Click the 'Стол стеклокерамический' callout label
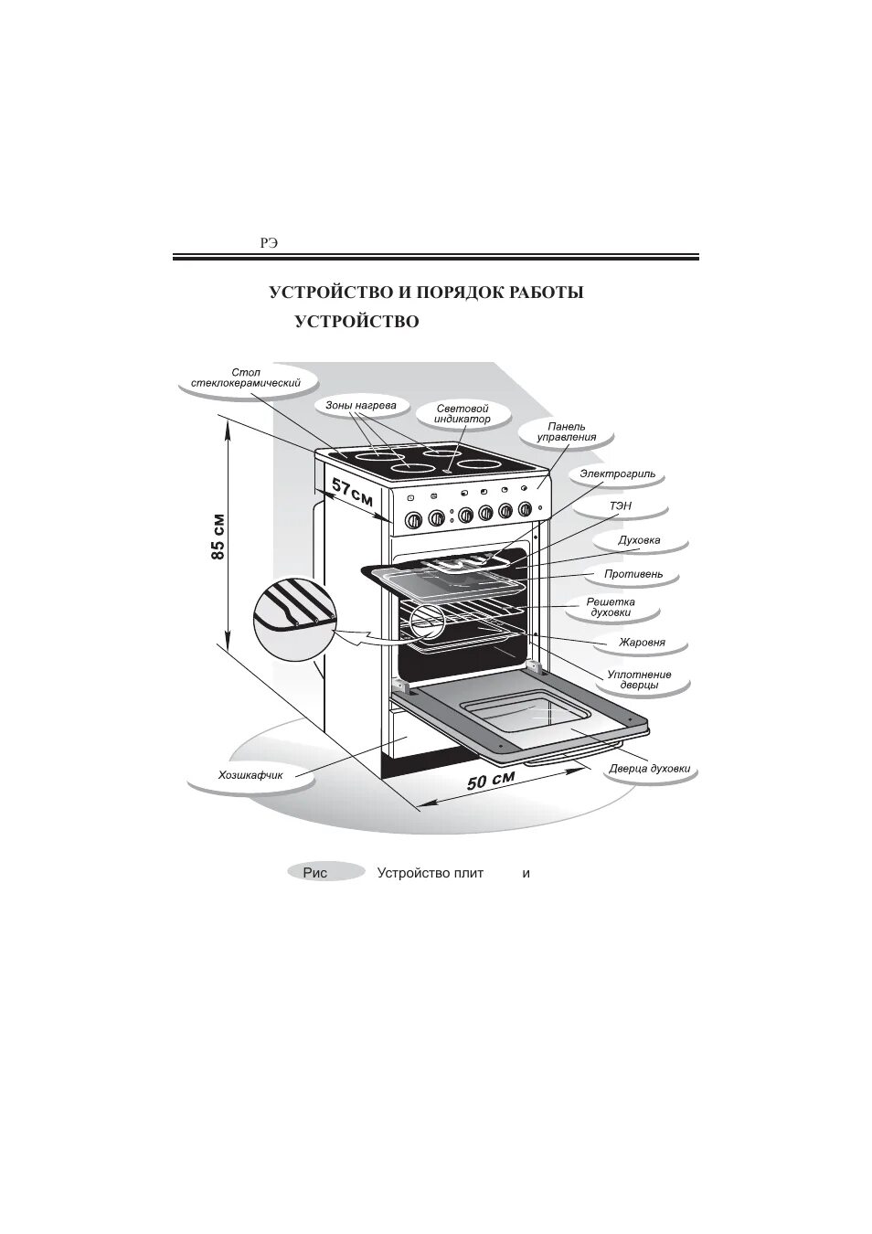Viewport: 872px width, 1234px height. pos(246,378)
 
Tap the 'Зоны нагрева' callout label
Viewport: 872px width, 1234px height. pos(360,404)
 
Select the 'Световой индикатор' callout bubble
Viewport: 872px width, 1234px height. pos(462,413)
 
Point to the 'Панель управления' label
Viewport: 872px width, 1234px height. pos(566,431)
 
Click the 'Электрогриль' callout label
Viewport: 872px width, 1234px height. pos(617,475)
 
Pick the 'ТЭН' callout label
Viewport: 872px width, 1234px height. pos(620,505)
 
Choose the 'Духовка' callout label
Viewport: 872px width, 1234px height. pos(638,540)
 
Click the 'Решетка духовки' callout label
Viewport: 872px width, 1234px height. pos(611,607)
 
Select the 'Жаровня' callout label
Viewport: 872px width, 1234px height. pos(641,643)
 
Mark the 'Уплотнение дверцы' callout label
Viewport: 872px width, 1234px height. pos(639,679)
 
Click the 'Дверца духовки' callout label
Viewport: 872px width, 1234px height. pos(649,769)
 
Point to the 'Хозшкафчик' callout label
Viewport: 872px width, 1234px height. pos(250,776)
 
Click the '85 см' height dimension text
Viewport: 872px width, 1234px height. pos(218,537)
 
